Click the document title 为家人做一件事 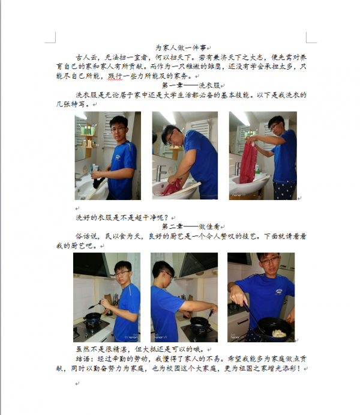(x=180, y=47)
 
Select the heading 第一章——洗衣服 (x=179, y=85)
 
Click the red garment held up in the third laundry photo (x=248, y=160)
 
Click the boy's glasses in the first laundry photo (x=118, y=128)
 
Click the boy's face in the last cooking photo (x=268, y=264)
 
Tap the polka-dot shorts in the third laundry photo (x=287, y=191)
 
